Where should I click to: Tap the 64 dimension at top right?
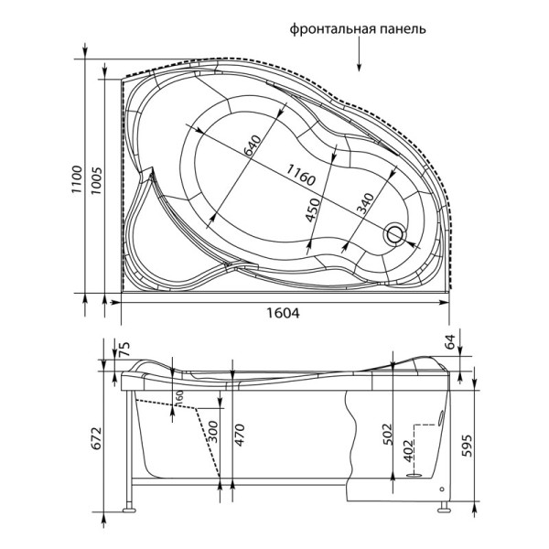coord(450,344)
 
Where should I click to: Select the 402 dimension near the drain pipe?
coord(409,450)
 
